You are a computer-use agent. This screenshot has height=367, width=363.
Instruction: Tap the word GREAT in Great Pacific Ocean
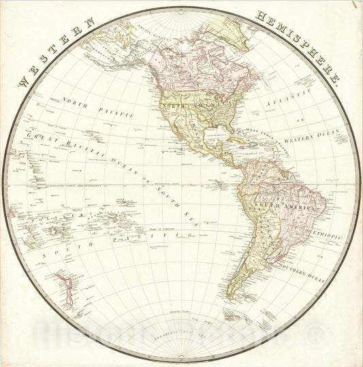click(42, 137)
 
